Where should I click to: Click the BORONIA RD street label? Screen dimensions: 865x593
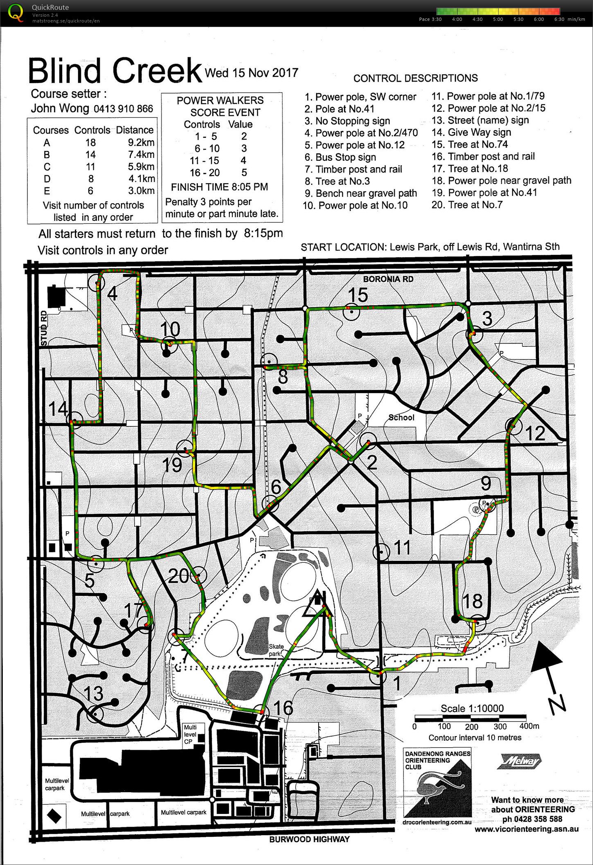pyautogui.click(x=388, y=279)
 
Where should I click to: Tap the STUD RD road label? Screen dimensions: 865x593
pyautogui.click(x=44, y=328)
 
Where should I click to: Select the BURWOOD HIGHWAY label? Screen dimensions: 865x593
pyautogui.click(x=309, y=839)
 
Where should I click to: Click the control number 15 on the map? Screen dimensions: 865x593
pyautogui.click(x=358, y=295)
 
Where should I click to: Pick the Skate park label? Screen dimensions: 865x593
pyautogui.click(x=276, y=650)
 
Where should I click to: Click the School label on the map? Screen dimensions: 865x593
pyautogui.click(x=401, y=418)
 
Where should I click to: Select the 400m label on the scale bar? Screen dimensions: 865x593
pyautogui.click(x=529, y=726)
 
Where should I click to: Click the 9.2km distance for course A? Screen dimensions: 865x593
pyautogui.click(x=141, y=143)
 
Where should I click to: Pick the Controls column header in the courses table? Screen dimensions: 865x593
pyautogui.click(x=92, y=130)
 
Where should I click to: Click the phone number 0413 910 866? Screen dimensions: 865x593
pyautogui.click(x=123, y=109)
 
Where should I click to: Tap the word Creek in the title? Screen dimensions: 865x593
pyautogui.click(x=157, y=71)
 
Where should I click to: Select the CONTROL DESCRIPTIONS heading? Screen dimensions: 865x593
pyautogui.click(x=416, y=78)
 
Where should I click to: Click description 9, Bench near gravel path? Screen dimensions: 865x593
pyautogui.click(x=361, y=193)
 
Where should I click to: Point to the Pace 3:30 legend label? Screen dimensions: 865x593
pyautogui.click(x=430, y=19)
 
